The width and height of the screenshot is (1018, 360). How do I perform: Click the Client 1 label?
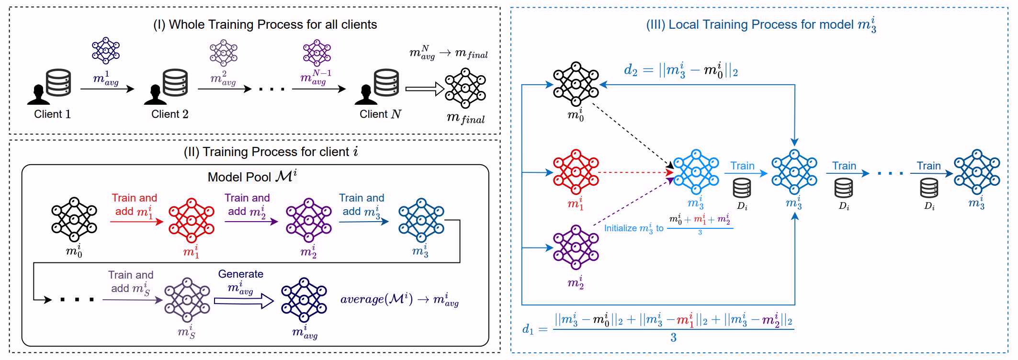point(52,114)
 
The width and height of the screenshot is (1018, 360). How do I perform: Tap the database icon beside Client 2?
point(175,83)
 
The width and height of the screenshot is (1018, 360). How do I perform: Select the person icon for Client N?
point(366,94)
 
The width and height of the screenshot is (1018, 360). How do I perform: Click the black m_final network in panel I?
point(465,88)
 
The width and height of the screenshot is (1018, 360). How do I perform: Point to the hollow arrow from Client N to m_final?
point(424,89)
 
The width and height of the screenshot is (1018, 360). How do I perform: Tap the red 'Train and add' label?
point(134,204)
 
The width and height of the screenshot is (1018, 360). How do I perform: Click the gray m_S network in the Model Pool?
point(187,300)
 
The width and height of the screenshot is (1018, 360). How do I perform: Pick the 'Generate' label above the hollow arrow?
point(240,274)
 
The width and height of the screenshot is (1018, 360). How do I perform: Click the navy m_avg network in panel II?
point(304,300)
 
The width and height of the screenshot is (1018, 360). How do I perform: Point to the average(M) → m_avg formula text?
point(399,300)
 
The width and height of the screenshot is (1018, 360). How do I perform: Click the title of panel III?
point(761,24)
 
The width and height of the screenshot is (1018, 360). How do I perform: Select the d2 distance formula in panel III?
point(680,71)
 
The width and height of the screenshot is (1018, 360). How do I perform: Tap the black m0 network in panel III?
point(576,84)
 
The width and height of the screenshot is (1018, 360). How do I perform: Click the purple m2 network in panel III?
point(576,247)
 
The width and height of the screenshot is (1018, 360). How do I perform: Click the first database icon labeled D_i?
point(742,188)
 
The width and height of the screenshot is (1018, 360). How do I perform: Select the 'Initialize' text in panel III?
point(633,228)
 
